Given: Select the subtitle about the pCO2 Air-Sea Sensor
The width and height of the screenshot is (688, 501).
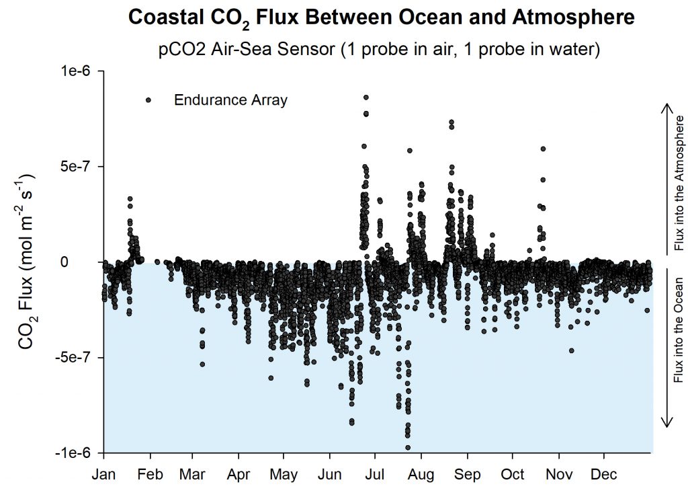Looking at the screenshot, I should click(380, 50).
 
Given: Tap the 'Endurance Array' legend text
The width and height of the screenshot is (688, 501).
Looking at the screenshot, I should click(230, 100).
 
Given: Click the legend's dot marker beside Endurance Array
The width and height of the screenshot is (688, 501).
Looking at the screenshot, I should click(148, 100).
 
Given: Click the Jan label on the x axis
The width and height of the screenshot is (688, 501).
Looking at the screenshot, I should click(104, 475).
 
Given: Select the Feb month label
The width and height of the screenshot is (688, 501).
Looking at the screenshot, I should click(150, 475).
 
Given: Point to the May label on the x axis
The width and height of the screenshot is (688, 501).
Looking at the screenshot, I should click(284, 475).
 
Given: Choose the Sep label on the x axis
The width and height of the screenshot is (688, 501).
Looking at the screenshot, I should click(468, 475).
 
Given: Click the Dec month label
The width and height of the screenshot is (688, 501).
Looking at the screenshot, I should click(604, 475).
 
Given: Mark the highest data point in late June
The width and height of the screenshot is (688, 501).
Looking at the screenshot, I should click(365, 98).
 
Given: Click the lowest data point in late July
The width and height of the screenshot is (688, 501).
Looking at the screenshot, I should click(407, 447).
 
